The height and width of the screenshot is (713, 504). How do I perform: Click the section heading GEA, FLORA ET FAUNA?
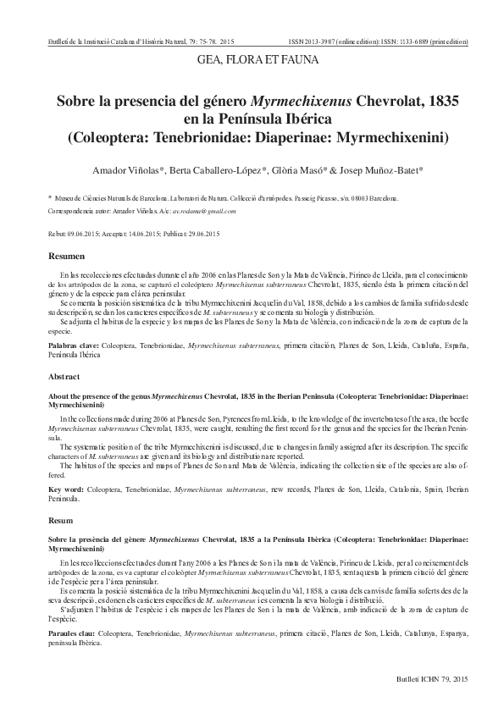pos(252,60)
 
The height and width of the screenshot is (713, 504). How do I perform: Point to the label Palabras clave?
pos(73,346)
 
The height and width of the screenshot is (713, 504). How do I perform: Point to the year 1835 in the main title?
pos(433,100)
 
